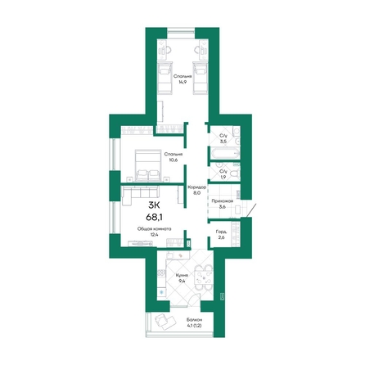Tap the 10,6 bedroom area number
173,160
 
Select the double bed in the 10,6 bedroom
148,164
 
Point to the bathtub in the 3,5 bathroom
224,154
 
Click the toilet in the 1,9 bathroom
235,173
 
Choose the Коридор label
196,187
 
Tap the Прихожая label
223,201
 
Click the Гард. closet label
221,232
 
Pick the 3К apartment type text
155,205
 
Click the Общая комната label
155,229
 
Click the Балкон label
195,319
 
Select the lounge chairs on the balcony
164,320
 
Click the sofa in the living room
140,195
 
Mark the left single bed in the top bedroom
165,78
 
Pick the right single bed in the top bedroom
201,78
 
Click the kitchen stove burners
161,273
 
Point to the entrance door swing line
251,210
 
